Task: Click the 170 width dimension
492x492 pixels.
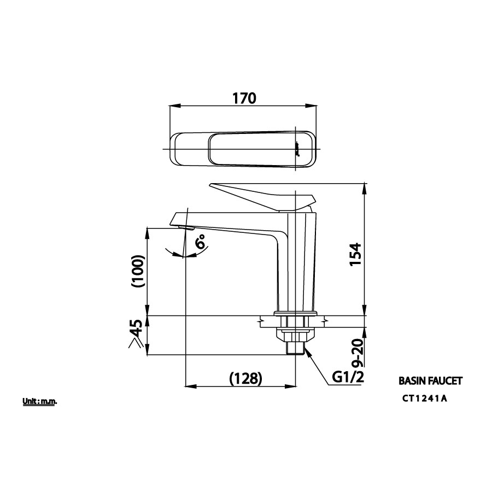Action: tap(244, 98)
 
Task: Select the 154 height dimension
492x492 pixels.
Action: tap(355, 254)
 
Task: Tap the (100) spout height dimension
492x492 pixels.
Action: tap(138, 271)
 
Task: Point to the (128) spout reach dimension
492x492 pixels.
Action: tap(245, 378)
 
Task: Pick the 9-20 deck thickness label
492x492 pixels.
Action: tap(357, 353)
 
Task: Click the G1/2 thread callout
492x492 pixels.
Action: tap(348, 377)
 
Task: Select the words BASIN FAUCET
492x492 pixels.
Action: tap(431, 381)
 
